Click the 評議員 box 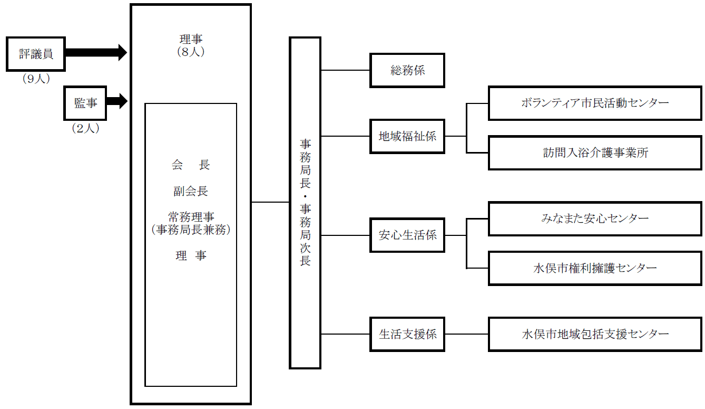pos(35,54)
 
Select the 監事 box pos(85,103)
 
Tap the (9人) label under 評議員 pos(36,79)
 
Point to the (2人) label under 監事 pos(85,128)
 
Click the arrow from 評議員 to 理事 pos(96,52)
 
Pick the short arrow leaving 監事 pos(117,101)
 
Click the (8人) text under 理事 pos(191,52)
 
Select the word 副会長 pos(191,191)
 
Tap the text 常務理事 pos(191,217)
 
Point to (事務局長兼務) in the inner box pos(191,230)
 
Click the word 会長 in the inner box pos(191,165)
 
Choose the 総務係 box pos(407,70)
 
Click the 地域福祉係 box pos(407,136)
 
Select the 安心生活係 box pos(407,235)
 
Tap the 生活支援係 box pos(407,334)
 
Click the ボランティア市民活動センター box pos(595,103)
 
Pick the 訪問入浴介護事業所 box pos(595,153)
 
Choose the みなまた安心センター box pos(595,218)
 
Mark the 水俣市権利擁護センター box pos(595,268)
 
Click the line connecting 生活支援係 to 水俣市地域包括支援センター pos(466,334)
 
